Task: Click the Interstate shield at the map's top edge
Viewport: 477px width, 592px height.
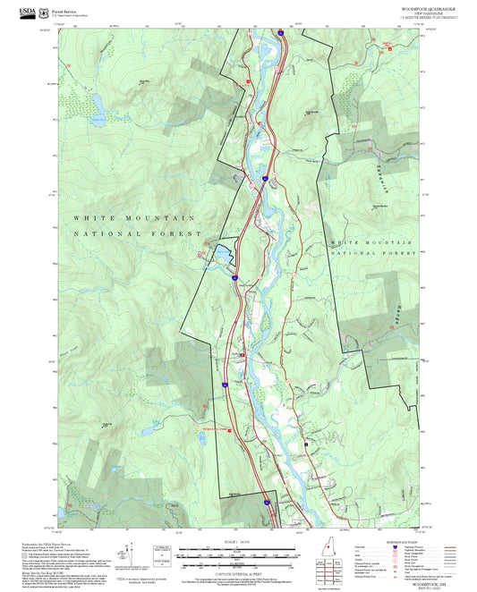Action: pos(280,32)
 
